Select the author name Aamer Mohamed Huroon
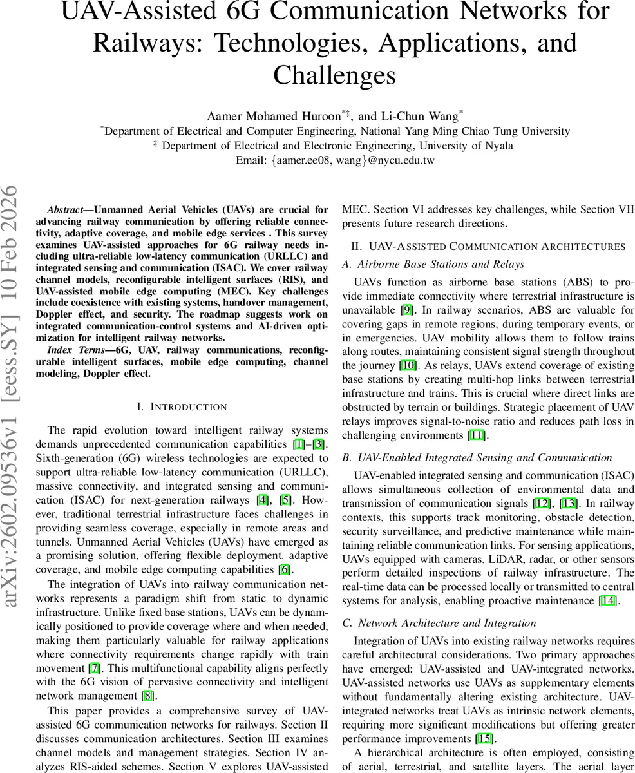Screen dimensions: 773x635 [x=274, y=117]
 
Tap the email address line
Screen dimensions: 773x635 [x=334, y=160]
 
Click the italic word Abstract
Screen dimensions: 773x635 [x=64, y=210]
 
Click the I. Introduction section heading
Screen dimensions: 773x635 [x=182, y=407]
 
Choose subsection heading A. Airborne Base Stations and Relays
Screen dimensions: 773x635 [x=433, y=264]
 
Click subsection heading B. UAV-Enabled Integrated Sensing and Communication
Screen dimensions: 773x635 [x=477, y=457]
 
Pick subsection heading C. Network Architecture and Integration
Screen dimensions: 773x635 [x=439, y=623]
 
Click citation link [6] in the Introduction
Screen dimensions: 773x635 [x=284, y=569]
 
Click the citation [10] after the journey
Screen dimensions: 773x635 [x=407, y=365]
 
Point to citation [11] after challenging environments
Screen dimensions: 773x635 [x=477, y=435]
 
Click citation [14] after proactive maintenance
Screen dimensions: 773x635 [x=607, y=601]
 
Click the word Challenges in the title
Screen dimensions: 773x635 [x=334, y=75]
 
